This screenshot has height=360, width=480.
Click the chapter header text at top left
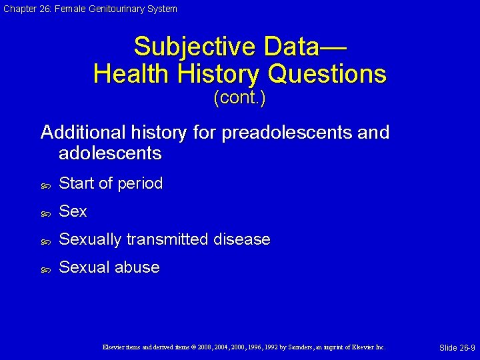coord(89,9)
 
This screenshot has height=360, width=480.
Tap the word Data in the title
coord(293,47)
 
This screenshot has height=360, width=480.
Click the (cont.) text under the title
coord(239,99)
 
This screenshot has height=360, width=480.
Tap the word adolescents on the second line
coord(110,153)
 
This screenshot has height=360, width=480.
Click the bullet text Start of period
coord(111,183)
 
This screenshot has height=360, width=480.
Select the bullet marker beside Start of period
coord(46,185)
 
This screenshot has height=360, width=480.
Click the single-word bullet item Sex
coord(73,211)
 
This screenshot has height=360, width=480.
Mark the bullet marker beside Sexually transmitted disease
coord(46,241)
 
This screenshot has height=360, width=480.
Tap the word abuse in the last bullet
coord(137,267)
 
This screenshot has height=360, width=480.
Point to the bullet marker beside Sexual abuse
coord(46,269)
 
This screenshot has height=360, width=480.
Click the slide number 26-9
coord(457,348)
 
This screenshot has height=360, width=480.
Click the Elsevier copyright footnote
coord(243,347)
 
